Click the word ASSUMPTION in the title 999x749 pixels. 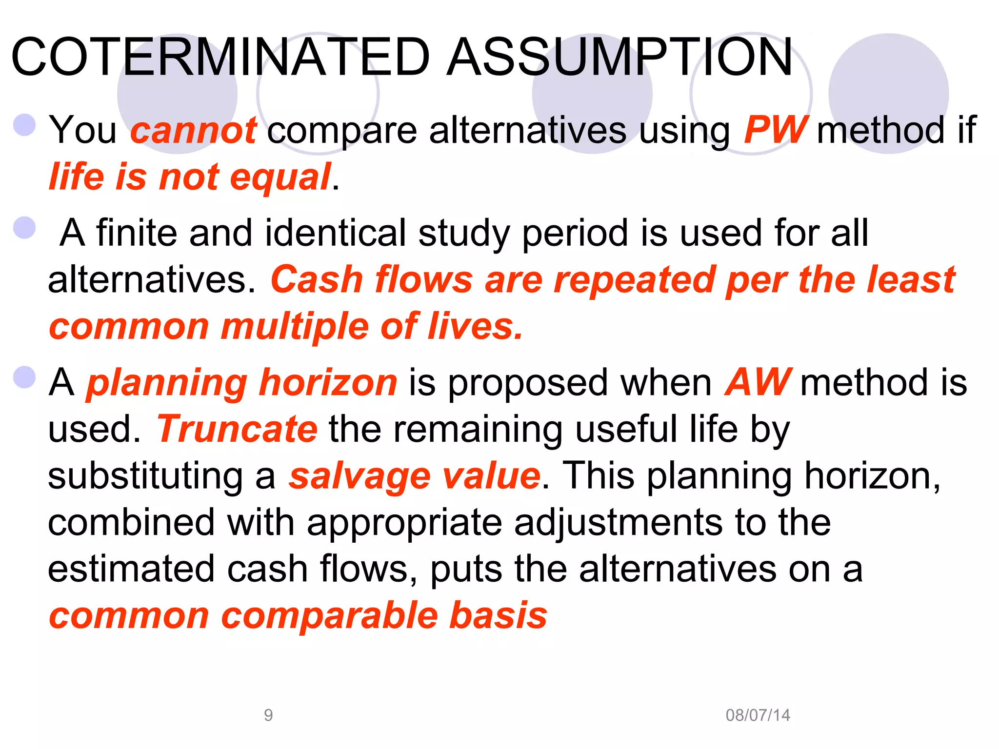(620, 57)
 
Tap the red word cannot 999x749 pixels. (193, 131)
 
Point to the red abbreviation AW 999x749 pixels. (757, 382)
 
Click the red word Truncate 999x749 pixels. (237, 429)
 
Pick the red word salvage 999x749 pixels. (360, 476)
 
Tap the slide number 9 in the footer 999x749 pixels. (268, 715)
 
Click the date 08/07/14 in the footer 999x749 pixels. (758, 715)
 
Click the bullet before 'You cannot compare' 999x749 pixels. (24, 125)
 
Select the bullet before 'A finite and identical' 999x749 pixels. (24, 228)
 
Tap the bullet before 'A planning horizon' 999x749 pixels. (24, 377)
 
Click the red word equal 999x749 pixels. (280, 177)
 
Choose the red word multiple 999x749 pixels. (295, 326)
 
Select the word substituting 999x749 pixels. (145, 476)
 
